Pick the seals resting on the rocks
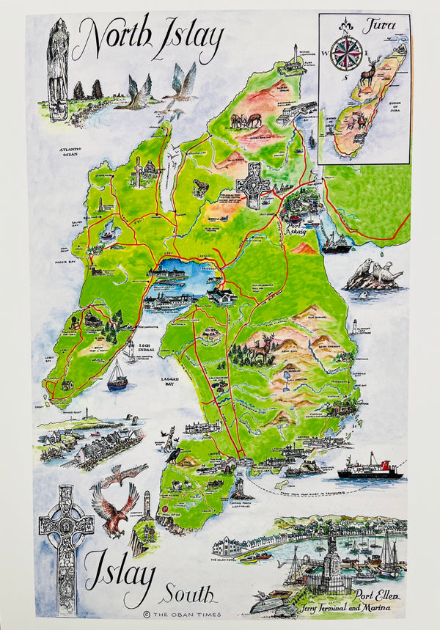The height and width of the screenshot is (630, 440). (x=373, y=276)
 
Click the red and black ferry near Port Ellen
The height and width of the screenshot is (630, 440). (x=370, y=469)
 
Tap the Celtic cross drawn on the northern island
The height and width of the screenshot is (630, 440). (x=254, y=183)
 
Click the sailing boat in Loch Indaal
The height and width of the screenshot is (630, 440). (x=117, y=376)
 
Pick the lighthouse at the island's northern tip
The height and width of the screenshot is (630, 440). (x=296, y=55)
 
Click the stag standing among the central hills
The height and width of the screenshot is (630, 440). (x=260, y=349)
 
